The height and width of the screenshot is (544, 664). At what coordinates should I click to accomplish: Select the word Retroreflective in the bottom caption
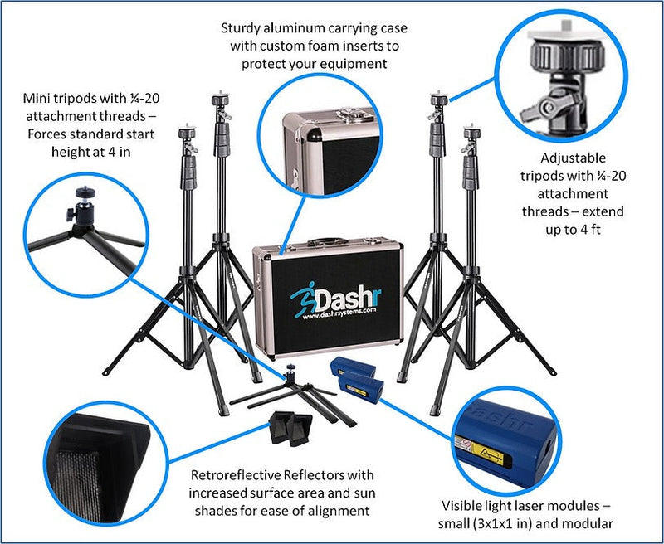234,475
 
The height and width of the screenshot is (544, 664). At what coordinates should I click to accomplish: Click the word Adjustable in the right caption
573,158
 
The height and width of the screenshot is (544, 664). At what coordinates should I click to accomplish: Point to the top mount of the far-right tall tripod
472,131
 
